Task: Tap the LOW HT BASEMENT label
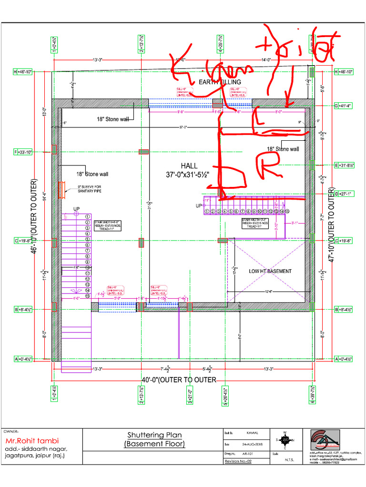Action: click(x=270, y=271)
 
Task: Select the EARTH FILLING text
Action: click(x=220, y=82)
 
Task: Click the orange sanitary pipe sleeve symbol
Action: click(x=61, y=190)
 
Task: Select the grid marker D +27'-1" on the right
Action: click(x=343, y=194)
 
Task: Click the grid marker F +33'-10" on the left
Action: click(x=23, y=152)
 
